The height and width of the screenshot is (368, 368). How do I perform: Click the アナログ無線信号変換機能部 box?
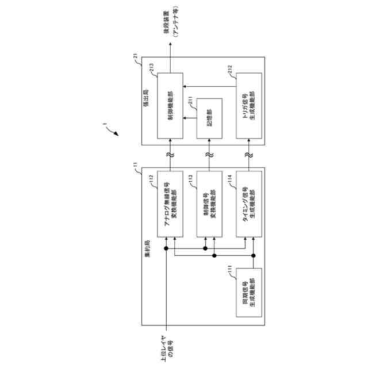(170, 204)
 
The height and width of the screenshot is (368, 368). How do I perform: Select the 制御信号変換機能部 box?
(209, 204)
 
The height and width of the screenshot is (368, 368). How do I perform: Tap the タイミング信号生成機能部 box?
(248, 204)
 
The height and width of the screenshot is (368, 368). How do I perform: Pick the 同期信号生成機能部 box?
(248, 293)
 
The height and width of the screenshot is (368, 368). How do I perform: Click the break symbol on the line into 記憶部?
(209, 155)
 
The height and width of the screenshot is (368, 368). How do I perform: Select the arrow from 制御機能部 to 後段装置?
(170, 57)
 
